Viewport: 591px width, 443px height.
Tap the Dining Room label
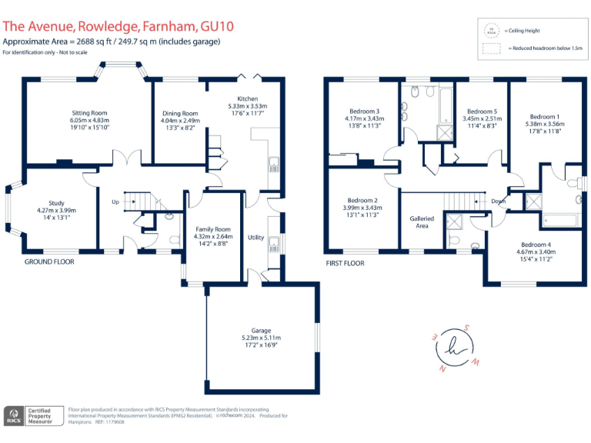(x=179, y=114)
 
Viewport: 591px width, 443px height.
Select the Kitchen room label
(x=247, y=98)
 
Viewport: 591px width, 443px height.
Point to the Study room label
(x=56, y=203)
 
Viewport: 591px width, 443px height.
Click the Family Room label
(x=213, y=229)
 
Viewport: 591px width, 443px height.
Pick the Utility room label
(x=255, y=238)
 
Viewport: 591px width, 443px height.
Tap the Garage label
(x=262, y=331)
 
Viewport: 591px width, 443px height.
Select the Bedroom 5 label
(x=482, y=112)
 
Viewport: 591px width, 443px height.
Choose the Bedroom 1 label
(x=543, y=116)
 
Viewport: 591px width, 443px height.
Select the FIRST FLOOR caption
(x=346, y=263)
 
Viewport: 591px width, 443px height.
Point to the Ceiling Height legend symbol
(x=489, y=31)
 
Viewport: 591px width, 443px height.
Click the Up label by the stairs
(x=115, y=203)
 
